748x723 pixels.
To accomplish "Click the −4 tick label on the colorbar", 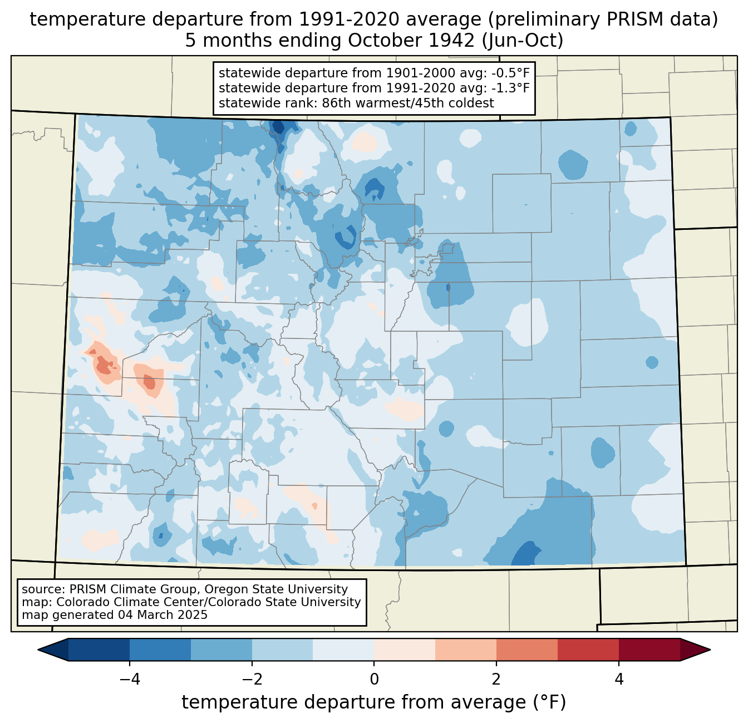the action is click(130, 680).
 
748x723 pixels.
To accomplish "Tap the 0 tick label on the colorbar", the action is click(374, 680).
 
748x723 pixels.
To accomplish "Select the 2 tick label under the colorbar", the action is click(496, 680).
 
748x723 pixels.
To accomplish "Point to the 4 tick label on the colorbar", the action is click(618, 680).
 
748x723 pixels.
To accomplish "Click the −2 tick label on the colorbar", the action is click(252, 680).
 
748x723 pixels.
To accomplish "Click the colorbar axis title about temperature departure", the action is click(374, 702).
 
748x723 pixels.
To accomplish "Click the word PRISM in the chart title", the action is click(626, 19).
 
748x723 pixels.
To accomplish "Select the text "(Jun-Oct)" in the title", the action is click(523, 41).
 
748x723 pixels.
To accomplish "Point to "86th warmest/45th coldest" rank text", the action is click(408, 103).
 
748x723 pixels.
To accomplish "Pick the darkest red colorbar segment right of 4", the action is click(649, 650).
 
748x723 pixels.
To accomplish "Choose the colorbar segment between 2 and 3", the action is click(527, 650).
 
